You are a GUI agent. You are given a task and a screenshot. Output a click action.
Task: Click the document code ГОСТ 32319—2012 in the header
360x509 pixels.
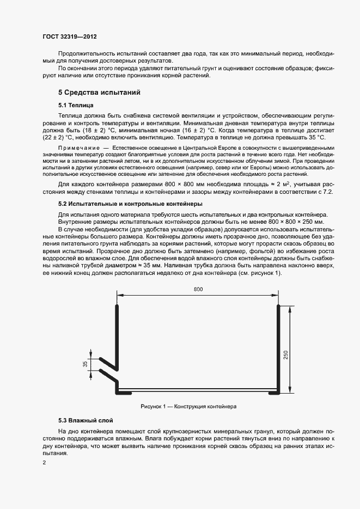tap(69, 37)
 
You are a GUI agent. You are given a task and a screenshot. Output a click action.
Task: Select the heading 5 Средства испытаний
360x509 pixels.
tap(99, 93)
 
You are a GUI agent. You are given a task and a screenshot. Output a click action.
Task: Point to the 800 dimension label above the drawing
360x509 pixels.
tap(198, 289)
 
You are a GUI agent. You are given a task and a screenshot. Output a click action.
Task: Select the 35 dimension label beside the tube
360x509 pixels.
tap(86, 364)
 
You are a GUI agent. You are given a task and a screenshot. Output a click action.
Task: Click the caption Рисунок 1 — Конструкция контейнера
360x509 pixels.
tap(188, 407)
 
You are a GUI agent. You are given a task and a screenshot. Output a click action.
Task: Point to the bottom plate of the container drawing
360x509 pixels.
tap(198, 391)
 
